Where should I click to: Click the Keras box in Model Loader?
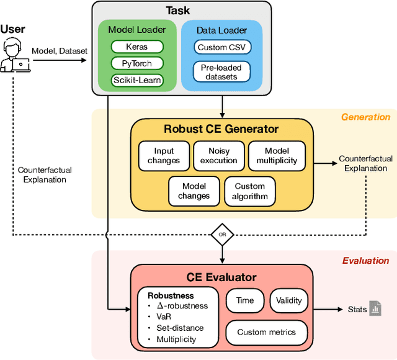click(137, 47)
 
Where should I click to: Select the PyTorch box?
click(137, 63)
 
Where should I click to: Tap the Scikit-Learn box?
click(137, 79)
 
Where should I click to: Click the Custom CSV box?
click(221, 47)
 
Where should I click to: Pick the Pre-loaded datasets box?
click(221, 71)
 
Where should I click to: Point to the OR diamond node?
click(221, 235)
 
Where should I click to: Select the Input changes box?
click(164, 155)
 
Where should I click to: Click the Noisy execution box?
click(218, 155)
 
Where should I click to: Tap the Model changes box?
click(194, 191)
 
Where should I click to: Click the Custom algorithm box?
click(249, 191)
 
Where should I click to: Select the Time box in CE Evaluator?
click(245, 300)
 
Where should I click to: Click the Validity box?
click(288, 300)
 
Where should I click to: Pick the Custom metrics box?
click(266, 332)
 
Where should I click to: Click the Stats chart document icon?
click(375, 308)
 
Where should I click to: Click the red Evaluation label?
click(366, 261)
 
